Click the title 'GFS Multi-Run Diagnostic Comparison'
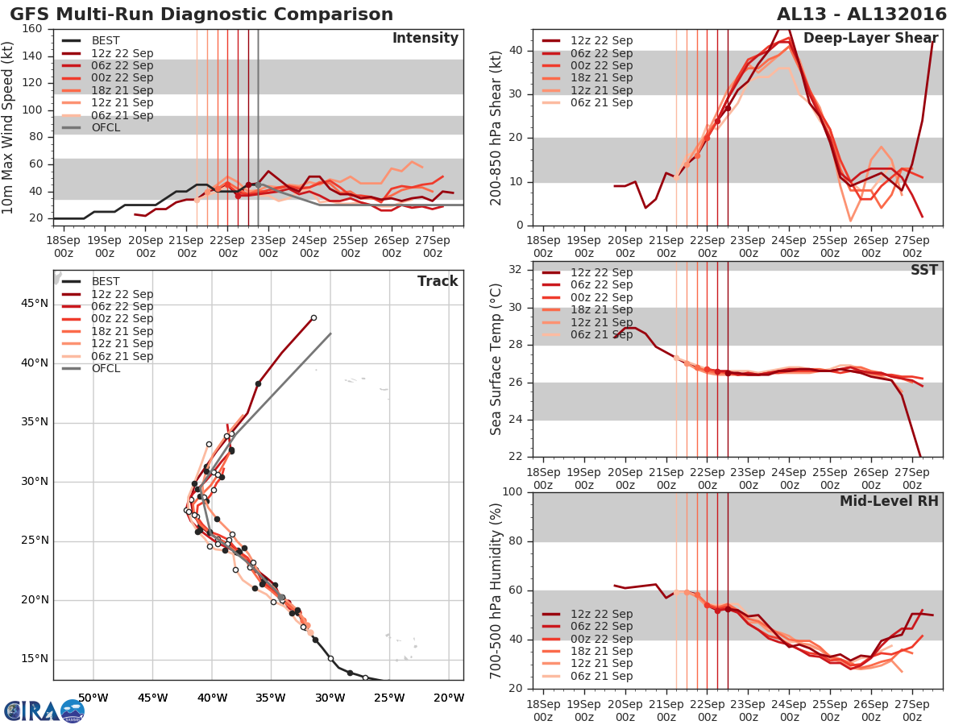click(x=201, y=14)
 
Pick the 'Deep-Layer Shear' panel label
click(x=870, y=39)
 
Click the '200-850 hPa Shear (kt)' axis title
click(x=497, y=127)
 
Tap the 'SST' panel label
click(x=924, y=270)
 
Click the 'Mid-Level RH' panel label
click(x=889, y=501)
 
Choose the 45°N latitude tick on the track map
click(x=34, y=304)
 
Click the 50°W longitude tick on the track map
click(x=93, y=698)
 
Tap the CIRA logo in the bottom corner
click(x=44, y=710)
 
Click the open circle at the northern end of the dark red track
click(x=313, y=317)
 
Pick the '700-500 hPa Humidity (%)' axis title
click(x=497, y=590)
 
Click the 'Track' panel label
click(x=437, y=281)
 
